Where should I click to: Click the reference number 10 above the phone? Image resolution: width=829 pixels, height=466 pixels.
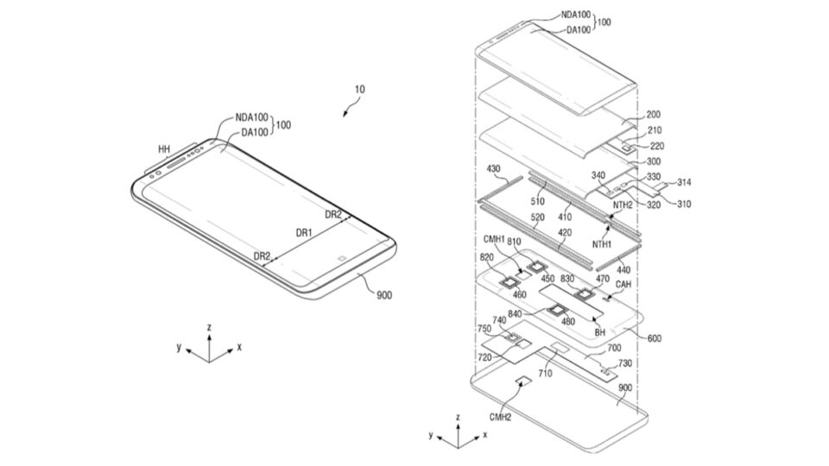click(359, 89)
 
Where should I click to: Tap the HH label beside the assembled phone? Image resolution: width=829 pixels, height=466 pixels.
click(163, 150)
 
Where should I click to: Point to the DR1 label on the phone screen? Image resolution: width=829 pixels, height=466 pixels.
click(304, 234)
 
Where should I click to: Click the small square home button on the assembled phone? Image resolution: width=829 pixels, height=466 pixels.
click(343, 257)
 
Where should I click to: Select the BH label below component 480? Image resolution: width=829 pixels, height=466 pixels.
click(599, 331)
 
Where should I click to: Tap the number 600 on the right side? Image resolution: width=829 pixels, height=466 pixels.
click(655, 338)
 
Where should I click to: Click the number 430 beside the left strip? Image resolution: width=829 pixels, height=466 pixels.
click(494, 168)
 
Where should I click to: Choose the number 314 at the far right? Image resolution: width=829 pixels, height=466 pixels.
click(685, 183)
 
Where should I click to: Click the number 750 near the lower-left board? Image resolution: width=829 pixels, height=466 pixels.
click(484, 328)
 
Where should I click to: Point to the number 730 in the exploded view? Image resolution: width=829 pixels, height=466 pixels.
click(624, 363)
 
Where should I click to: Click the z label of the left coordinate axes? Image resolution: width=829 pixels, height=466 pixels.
click(209, 327)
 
